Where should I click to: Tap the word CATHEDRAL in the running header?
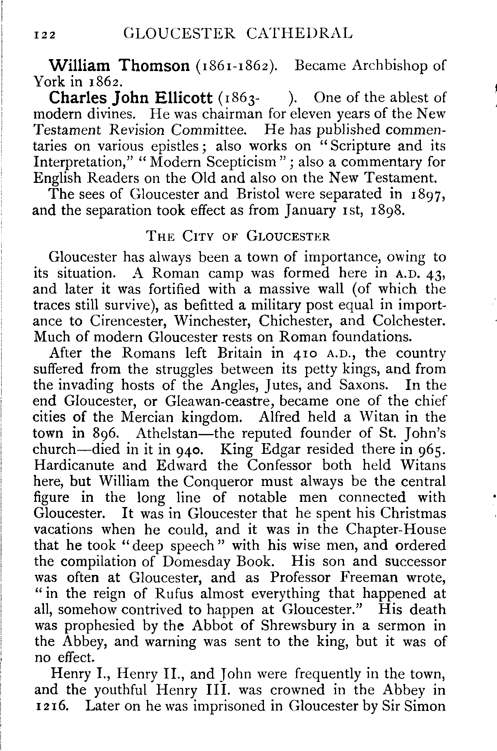[299, 33]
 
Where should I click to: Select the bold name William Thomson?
[119, 65]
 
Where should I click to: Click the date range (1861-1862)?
[236, 65]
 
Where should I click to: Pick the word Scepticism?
[213, 162]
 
